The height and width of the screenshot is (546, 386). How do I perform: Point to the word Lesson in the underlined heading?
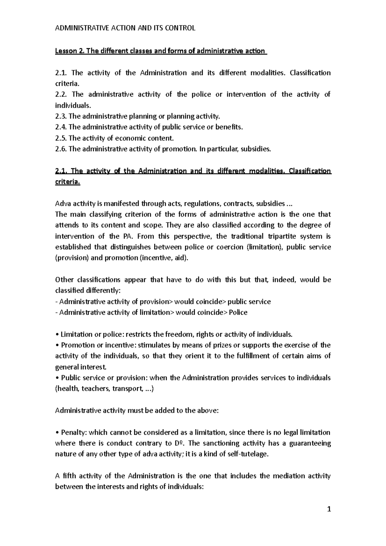coord(64,51)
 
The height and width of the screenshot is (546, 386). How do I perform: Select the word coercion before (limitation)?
coord(231,247)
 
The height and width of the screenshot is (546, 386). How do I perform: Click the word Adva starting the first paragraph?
coord(63,204)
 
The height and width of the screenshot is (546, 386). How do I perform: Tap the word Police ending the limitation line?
coord(238,313)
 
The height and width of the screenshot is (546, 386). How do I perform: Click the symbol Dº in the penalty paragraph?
coord(179,443)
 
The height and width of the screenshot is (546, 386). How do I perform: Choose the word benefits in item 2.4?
coord(228,127)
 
